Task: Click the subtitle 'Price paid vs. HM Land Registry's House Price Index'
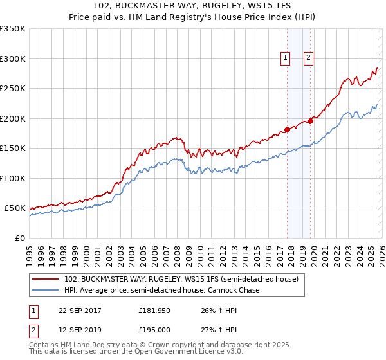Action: [192, 17]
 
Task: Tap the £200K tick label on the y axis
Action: [13, 118]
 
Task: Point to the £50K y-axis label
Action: [15, 208]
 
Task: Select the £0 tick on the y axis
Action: [20, 238]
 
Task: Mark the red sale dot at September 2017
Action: [287, 129]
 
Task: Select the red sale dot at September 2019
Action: [310, 120]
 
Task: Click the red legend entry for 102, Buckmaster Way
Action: [181, 280]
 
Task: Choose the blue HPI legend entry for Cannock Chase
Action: [161, 291]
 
